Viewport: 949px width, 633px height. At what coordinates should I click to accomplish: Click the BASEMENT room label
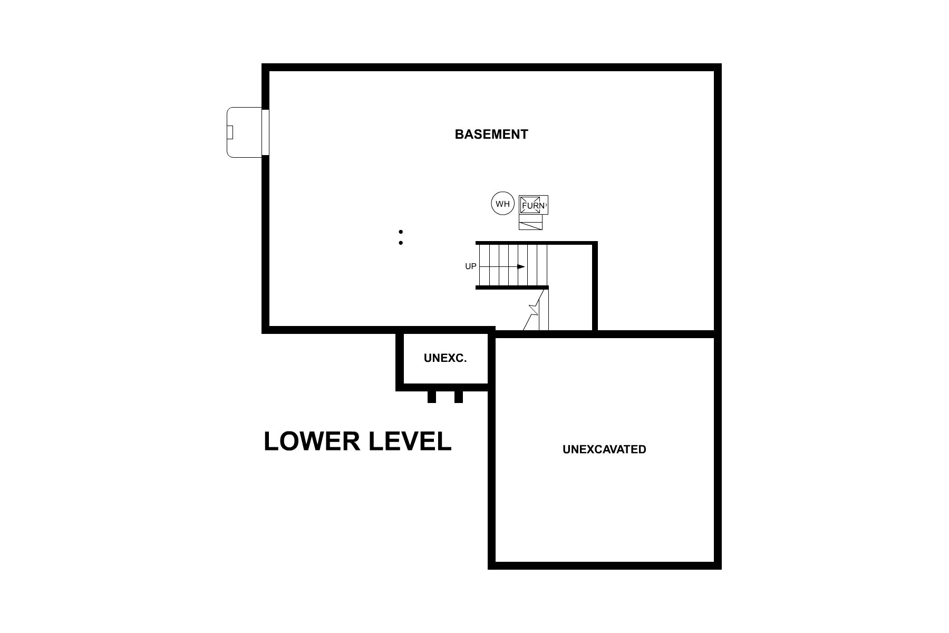[491, 135]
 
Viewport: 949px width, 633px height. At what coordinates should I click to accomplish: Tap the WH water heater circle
[502, 204]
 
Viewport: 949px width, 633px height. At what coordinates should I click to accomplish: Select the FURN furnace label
[534, 205]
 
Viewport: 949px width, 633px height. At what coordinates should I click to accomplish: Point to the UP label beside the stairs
[470, 266]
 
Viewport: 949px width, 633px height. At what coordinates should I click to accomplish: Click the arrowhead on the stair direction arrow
[521, 267]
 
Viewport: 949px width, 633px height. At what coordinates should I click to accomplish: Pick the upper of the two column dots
[401, 232]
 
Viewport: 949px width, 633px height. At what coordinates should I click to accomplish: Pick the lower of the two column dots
[401, 243]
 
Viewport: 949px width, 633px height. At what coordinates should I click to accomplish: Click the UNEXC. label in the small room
[445, 358]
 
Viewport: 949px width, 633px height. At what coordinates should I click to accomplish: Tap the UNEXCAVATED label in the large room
[604, 449]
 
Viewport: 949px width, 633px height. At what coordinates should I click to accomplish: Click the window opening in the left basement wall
[265, 132]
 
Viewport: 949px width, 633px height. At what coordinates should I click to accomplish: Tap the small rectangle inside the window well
[230, 132]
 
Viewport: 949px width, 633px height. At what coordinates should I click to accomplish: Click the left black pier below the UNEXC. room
[432, 397]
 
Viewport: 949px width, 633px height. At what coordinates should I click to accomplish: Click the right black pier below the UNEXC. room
[459, 397]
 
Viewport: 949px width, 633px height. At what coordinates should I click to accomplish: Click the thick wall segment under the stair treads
[512, 287]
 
